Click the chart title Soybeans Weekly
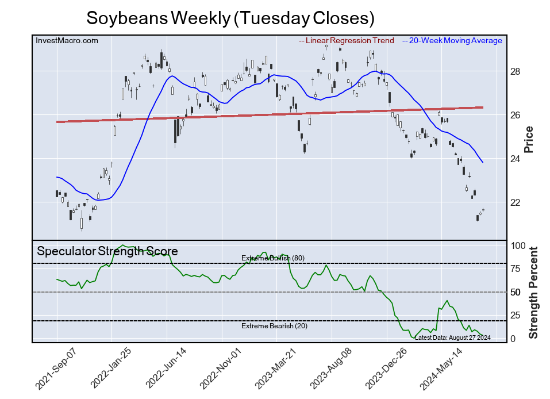tap(230, 18)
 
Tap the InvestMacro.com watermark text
tap(67, 40)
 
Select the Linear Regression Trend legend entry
tap(347, 40)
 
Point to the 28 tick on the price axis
tap(516, 71)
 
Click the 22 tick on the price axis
tap(516, 202)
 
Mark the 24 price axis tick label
tap(516, 159)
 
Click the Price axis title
tap(529, 139)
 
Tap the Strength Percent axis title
tap(533, 292)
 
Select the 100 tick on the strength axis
tap(518, 245)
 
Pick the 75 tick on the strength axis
tap(516, 268)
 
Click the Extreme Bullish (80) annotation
tap(272, 258)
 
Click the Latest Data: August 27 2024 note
tap(452, 337)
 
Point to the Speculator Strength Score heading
tap(107, 251)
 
